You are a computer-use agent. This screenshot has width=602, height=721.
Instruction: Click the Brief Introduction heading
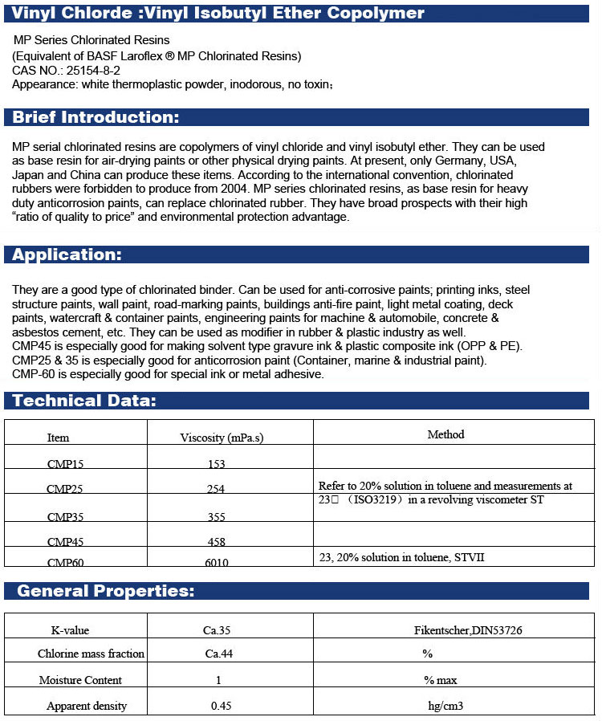96,118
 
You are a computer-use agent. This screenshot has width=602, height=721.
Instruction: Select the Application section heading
67,255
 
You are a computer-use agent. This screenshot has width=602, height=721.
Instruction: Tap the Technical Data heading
84,401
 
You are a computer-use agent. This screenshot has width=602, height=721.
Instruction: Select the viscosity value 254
216,489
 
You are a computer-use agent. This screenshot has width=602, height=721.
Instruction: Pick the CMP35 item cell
65,516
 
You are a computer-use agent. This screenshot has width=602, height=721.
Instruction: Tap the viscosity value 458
216,542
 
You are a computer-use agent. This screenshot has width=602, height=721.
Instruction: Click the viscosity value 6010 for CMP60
216,563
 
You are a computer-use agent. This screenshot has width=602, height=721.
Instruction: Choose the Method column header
445,434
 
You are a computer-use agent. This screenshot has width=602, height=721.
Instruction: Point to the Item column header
59,438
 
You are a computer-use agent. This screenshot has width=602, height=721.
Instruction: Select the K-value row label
70,630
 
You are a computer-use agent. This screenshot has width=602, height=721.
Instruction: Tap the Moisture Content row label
80,680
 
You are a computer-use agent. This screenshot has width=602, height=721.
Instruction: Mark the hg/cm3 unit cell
446,707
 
